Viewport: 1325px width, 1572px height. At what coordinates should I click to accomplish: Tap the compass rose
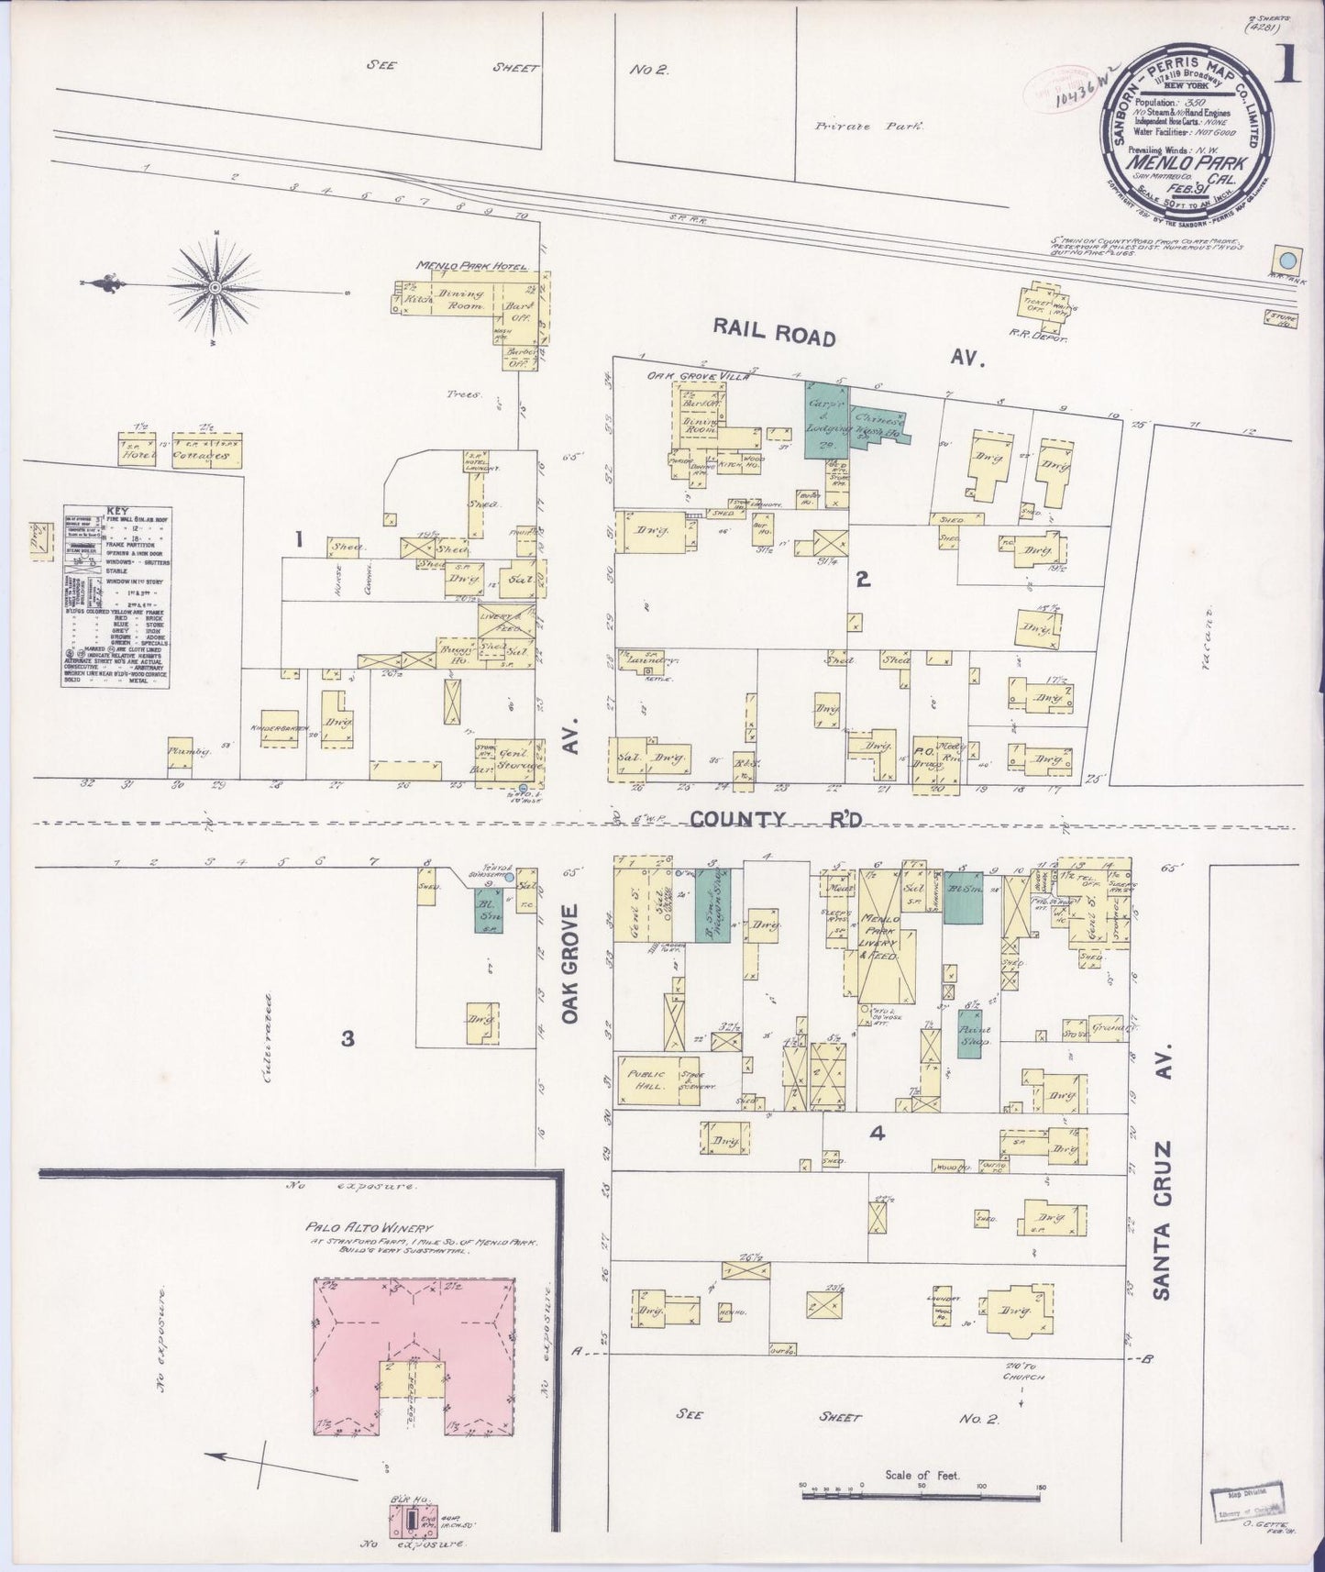[x=215, y=287]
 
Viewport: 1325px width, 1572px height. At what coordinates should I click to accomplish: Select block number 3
[x=348, y=1039]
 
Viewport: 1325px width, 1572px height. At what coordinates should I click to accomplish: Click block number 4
[x=878, y=1134]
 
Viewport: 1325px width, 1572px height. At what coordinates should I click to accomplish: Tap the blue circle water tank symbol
[x=1287, y=260]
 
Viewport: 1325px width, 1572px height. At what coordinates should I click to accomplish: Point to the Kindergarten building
[x=281, y=726]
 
